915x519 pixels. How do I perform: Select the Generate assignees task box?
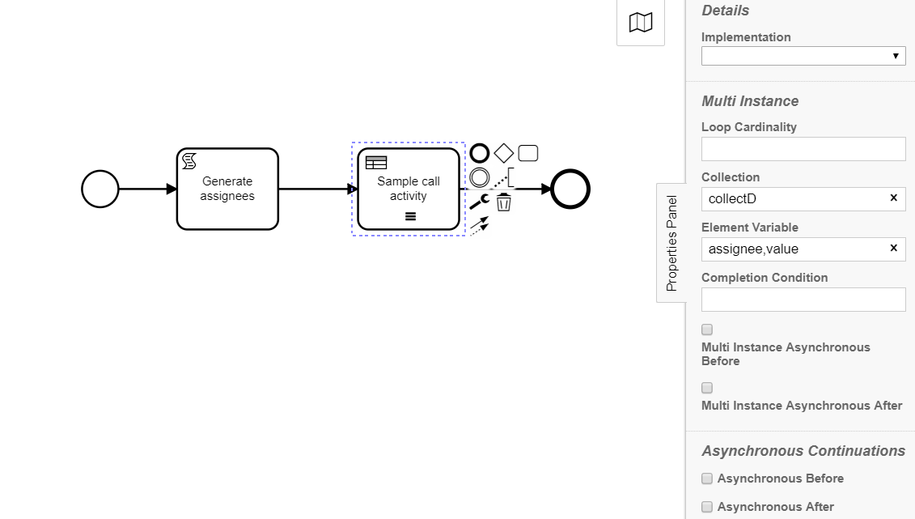click(x=227, y=189)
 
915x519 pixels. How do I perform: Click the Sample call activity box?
click(x=409, y=189)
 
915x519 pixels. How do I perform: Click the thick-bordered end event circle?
click(x=570, y=189)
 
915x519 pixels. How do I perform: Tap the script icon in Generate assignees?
click(x=189, y=161)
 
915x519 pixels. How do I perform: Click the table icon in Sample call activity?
click(x=376, y=162)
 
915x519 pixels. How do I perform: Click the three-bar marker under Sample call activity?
click(x=411, y=217)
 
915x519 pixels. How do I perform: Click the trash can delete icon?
click(x=503, y=202)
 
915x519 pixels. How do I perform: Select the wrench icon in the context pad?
click(x=479, y=202)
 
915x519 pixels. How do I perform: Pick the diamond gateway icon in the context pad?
click(x=503, y=154)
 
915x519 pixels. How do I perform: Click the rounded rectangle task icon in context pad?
click(x=528, y=153)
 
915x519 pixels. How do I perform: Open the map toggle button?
click(x=641, y=23)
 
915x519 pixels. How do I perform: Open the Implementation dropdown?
click(x=803, y=56)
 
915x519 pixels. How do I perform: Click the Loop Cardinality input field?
click(x=803, y=149)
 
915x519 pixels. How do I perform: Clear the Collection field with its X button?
click(x=893, y=198)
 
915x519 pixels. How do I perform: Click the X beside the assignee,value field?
click(x=893, y=248)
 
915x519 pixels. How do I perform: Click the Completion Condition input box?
click(x=803, y=300)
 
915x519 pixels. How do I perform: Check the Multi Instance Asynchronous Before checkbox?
click(x=707, y=330)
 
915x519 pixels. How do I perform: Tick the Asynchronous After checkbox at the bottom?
click(x=707, y=507)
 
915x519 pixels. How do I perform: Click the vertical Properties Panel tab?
click(x=671, y=243)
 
